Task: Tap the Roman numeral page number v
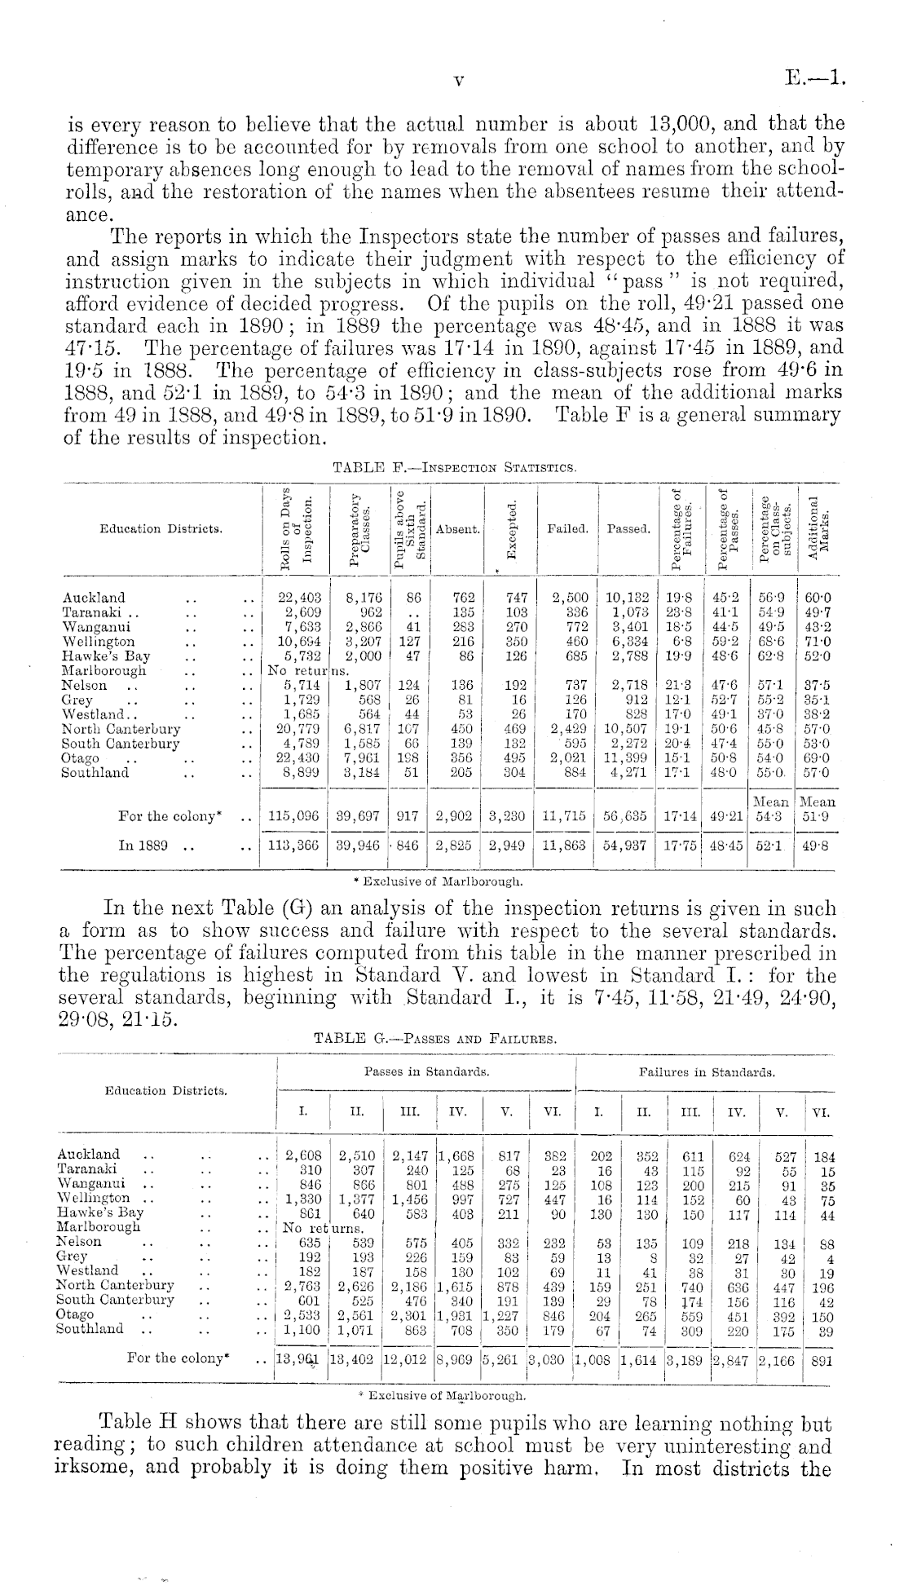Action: [x=458, y=81]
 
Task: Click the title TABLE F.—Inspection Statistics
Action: [x=455, y=467]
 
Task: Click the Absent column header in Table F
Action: [x=457, y=528]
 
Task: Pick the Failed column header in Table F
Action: [x=567, y=528]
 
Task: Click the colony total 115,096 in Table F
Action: [x=293, y=814]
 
